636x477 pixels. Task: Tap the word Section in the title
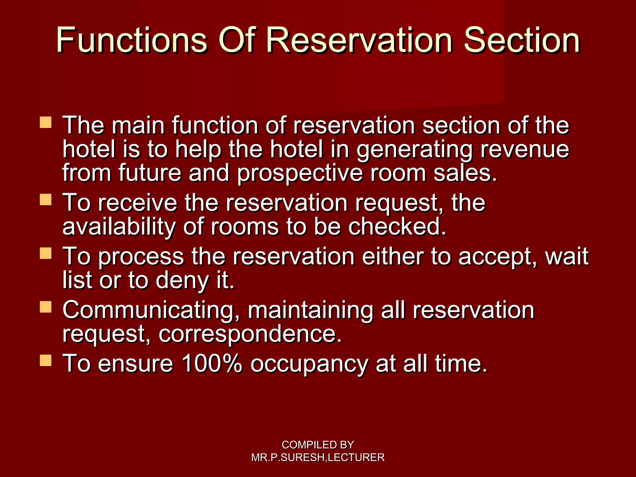point(522,40)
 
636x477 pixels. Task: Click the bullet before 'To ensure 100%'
point(46,361)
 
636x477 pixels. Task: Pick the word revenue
point(525,149)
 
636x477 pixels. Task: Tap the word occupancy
point(309,364)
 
